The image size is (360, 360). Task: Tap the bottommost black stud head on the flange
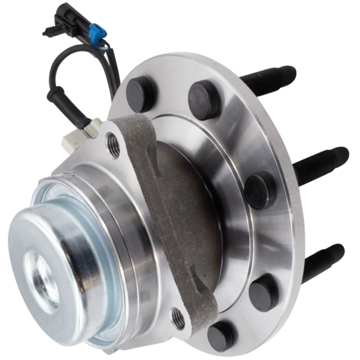point(220,336)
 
